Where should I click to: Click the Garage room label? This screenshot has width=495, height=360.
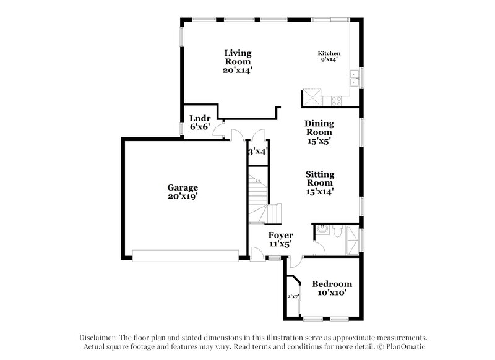point(182,187)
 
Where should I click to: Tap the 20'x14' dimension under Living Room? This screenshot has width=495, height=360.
point(238,71)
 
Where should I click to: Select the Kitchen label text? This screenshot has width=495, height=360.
point(329,53)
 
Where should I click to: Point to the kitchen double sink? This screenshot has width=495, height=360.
point(355,78)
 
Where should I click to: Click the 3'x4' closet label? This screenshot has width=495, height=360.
point(257,152)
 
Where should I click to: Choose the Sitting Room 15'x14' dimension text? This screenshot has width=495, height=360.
point(320,192)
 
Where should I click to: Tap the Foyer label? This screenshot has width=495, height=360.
point(280,236)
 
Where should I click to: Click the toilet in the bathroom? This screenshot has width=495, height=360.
point(335,230)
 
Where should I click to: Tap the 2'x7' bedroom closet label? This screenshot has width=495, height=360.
point(292,296)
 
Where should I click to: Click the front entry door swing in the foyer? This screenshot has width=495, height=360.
point(256,250)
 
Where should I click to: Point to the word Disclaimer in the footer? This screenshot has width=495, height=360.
point(98,338)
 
